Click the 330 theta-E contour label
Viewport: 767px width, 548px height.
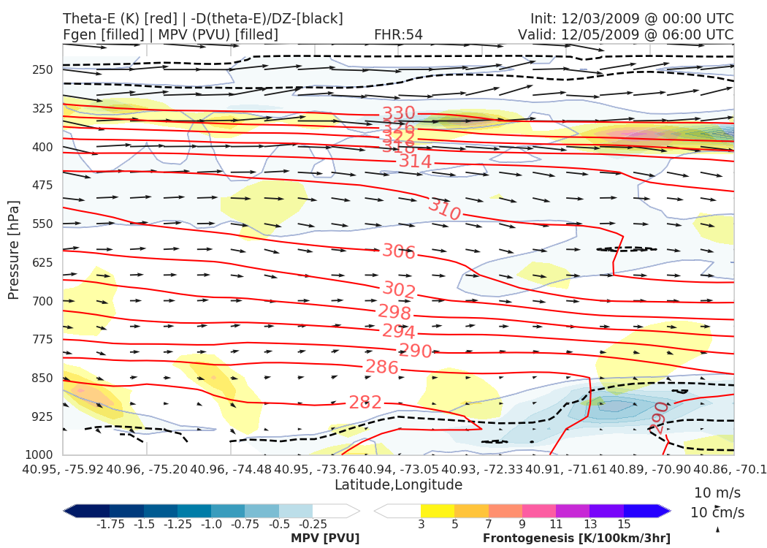[x=398, y=113]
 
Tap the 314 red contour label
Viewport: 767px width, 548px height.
[x=415, y=161]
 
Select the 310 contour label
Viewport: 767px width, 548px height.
[x=444, y=210]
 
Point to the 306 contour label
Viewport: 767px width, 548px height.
[x=399, y=251]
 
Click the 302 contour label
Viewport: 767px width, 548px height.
[x=399, y=290]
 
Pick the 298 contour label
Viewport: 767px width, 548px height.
[x=394, y=312]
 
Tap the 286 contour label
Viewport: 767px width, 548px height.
[x=381, y=367]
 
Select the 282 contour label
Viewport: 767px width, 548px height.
[x=365, y=402]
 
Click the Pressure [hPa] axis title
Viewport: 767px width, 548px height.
[x=14, y=249]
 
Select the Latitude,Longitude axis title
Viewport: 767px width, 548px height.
[x=398, y=484]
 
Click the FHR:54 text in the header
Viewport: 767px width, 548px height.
[x=398, y=34]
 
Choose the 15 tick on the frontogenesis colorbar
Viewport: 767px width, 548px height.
[x=623, y=524]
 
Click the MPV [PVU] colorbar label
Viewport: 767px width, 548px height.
[x=325, y=538]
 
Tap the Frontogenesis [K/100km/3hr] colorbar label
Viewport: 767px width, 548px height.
[x=576, y=538]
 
